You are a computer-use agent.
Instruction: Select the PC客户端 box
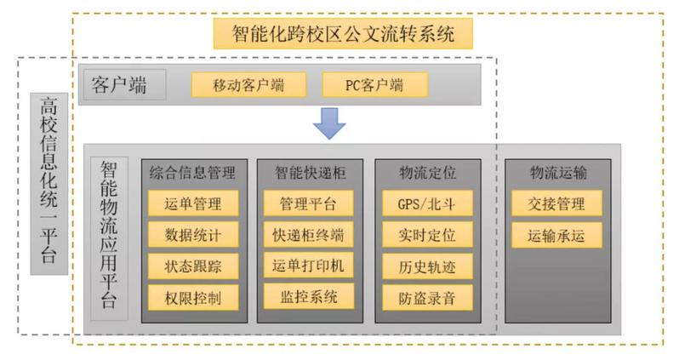(374, 84)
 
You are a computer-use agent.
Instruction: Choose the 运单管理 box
(192, 203)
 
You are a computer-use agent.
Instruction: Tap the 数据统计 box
(192, 234)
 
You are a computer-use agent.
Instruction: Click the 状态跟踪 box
(192, 266)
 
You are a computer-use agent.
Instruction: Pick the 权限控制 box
(192, 297)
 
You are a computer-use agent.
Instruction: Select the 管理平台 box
(308, 203)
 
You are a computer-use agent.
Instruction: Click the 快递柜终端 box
(308, 234)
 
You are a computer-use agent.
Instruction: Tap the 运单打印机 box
(308, 266)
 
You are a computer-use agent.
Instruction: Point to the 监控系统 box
(308, 296)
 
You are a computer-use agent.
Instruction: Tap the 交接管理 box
(557, 203)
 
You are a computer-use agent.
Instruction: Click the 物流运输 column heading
(557, 173)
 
